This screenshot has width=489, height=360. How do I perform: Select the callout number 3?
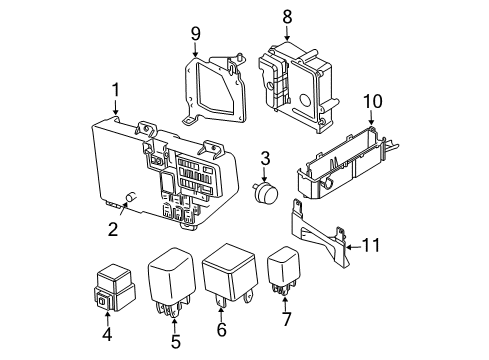266,158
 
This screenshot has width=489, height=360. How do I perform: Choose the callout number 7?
287,319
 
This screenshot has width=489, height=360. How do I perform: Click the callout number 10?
373,100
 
